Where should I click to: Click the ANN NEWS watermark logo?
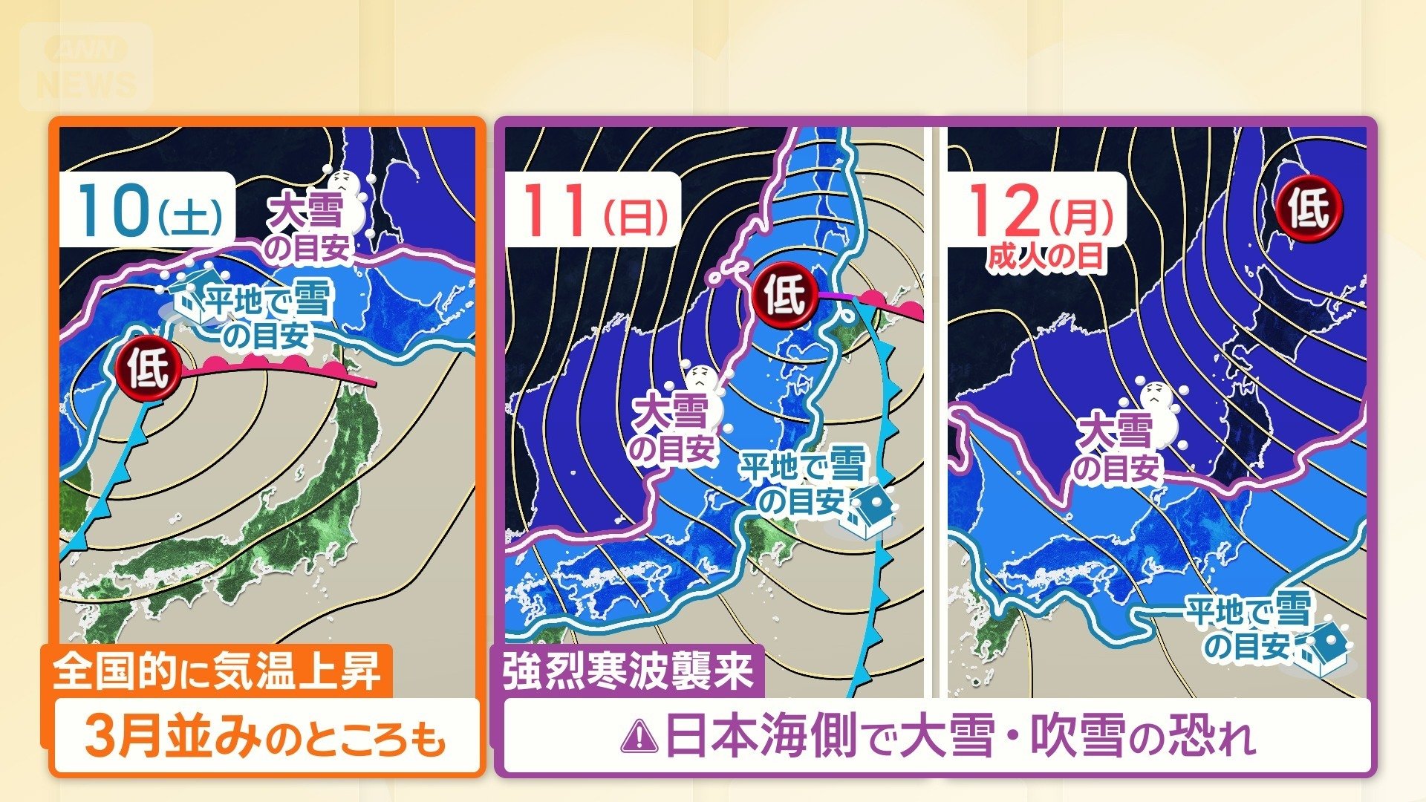[87, 67]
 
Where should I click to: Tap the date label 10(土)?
[147, 210]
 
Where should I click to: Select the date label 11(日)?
[594, 210]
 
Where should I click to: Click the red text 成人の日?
[1046, 258]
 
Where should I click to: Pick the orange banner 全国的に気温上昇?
[217, 671]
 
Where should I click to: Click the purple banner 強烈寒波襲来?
[628, 671]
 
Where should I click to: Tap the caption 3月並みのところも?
[265, 737]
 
